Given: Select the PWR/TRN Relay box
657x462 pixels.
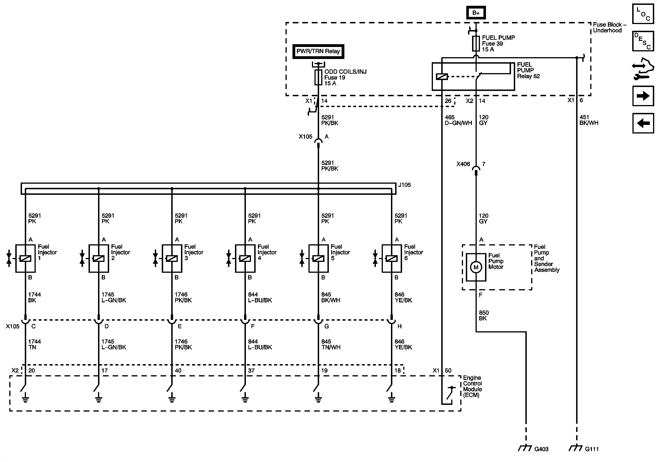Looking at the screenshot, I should pyautogui.click(x=318, y=51).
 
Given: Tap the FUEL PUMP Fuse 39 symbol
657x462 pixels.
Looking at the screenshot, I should pyautogui.click(x=476, y=43).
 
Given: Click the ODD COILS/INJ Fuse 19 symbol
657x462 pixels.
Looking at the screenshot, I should pyautogui.click(x=318, y=78).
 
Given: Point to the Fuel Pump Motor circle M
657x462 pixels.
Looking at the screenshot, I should pyautogui.click(x=476, y=267).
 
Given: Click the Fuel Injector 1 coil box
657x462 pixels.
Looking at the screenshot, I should pyautogui.click(x=25, y=258).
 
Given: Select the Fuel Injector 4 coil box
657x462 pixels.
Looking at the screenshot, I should pyautogui.click(x=245, y=258).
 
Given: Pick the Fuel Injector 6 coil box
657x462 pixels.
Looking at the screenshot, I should pyautogui.click(x=391, y=258).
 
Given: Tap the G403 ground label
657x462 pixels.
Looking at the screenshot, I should pyautogui.click(x=541, y=449).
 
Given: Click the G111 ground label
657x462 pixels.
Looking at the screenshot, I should pyautogui.click(x=592, y=449).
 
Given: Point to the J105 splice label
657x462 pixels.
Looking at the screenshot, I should pyautogui.click(x=404, y=185).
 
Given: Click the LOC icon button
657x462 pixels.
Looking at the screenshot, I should pyautogui.click(x=643, y=14).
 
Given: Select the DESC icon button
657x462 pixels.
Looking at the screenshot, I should pyautogui.click(x=643, y=41).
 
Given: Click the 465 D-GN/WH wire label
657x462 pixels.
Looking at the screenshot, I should pyautogui.click(x=458, y=120).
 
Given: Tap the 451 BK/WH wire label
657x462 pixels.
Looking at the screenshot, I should pyautogui.click(x=589, y=120).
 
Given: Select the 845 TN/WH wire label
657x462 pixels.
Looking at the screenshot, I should pyautogui.click(x=330, y=344).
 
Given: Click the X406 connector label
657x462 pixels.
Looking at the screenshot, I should pyautogui.click(x=463, y=164).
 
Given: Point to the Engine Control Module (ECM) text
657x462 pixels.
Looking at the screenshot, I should pyautogui.click(x=473, y=386).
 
